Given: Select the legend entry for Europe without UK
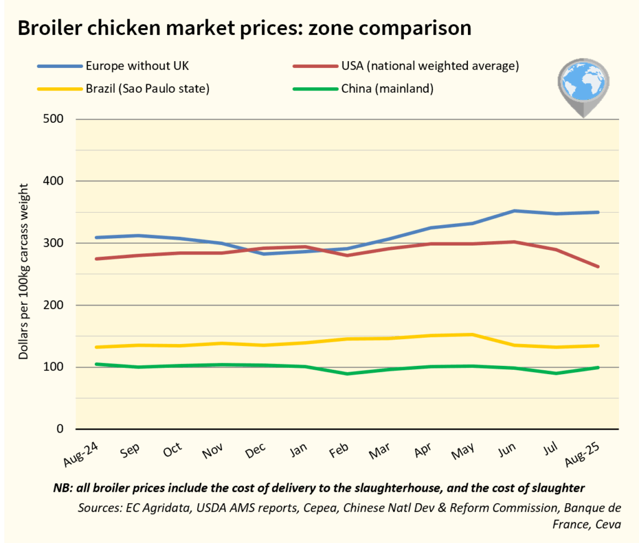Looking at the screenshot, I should (x=131, y=65).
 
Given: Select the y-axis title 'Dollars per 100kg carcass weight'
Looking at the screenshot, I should (x=24, y=271).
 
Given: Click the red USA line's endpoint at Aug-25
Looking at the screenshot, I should (x=598, y=267).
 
